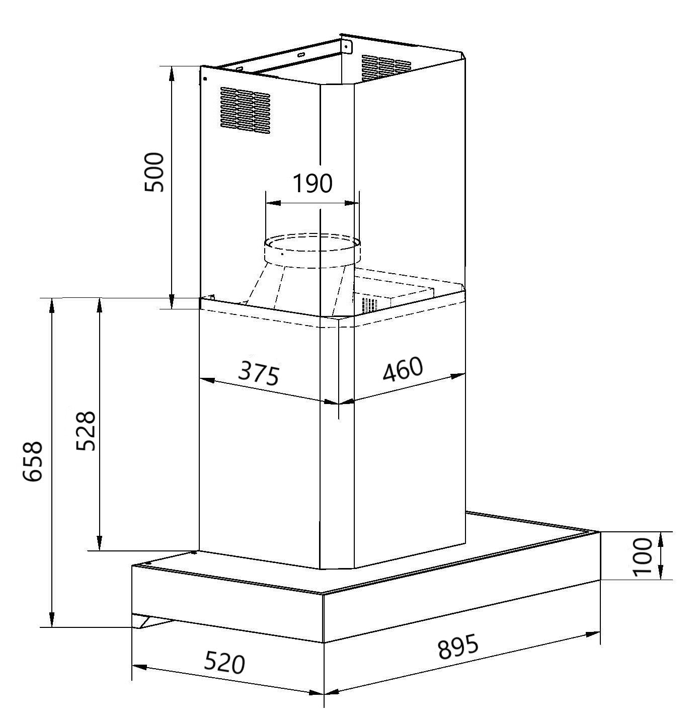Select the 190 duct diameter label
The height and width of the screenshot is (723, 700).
[x=312, y=184]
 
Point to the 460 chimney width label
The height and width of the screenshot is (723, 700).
[x=403, y=370]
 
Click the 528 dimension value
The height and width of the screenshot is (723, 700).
[x=86, y=431]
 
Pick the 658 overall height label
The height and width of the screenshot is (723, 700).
[x=33, y=462]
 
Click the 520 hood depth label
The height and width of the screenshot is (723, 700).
[x=224, y=663]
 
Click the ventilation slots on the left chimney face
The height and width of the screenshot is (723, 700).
[x=245, y=112]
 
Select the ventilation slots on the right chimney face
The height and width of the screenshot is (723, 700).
[x=385, y=67]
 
